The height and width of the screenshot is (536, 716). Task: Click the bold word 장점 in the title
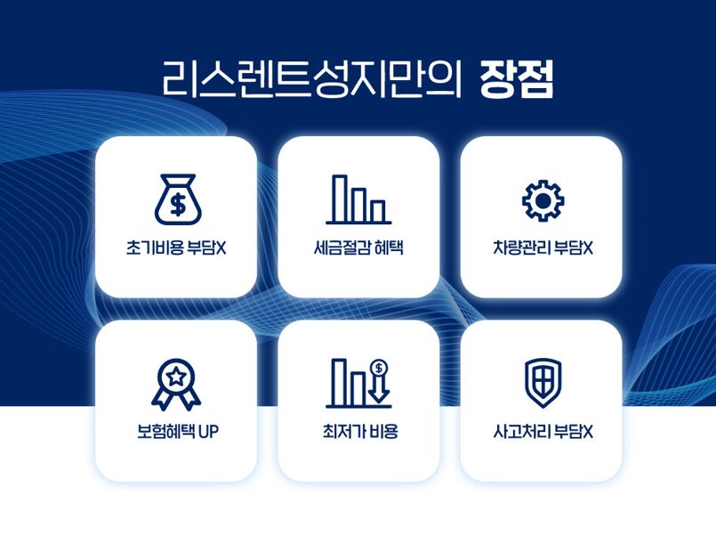pos(517,79)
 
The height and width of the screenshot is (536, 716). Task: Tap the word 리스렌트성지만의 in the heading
pos(312,79)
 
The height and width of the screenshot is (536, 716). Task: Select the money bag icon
pos(178,199)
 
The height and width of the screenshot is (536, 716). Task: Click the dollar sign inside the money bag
pos(178,204)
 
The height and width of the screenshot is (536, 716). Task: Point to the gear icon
pos(543,200)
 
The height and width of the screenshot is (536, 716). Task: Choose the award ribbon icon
pos(176,385)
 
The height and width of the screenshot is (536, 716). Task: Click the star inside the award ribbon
pos(176,377)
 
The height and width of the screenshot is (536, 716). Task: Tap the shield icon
pos(543,383)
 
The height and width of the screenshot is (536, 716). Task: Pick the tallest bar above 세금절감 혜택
pos(340,199)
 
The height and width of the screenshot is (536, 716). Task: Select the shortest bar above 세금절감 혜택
pos(378,211)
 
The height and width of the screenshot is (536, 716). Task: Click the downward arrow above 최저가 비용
pos(379,388)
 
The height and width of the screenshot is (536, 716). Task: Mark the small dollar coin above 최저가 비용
pos(379,367)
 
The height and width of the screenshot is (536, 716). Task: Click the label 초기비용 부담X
pos(176,248)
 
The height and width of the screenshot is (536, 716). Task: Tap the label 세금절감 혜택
pos(358,248)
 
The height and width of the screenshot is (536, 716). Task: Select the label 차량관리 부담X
pos(543,248)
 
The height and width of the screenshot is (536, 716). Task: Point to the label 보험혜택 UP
pos(178,431)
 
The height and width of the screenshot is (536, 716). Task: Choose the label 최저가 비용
pos(360,431)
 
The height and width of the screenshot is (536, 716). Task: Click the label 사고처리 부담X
pos(543,431)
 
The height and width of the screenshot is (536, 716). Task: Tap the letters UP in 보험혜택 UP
pos(209,432)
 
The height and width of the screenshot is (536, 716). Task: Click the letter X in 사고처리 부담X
pos(588,432)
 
